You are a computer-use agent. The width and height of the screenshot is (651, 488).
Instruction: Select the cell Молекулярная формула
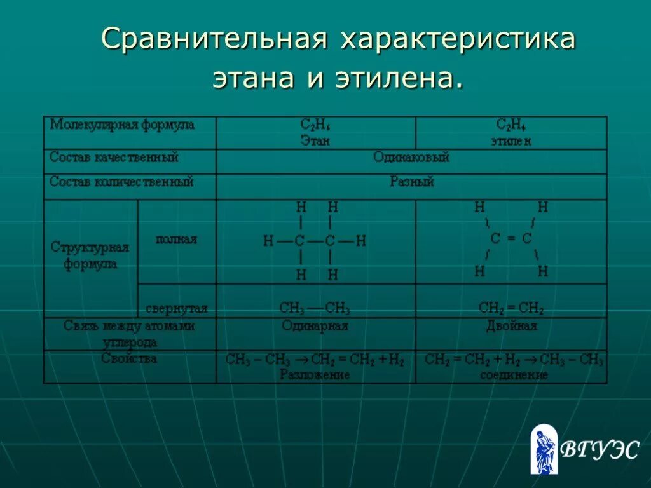point(123,125)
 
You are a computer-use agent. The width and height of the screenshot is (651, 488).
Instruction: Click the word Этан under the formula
point(315,141)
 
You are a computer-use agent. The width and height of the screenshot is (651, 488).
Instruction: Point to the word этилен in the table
point(511,141)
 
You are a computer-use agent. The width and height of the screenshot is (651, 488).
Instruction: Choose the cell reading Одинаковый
point(411,158)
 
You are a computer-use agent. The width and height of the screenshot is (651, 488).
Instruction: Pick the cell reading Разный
point(411,182)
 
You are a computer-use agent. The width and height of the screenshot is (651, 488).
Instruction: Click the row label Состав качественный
point(114,157)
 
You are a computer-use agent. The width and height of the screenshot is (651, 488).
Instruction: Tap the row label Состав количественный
point(121,182)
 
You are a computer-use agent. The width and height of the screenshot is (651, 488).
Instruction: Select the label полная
point(176,240)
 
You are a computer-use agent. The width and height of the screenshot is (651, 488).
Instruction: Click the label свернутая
point(177,309)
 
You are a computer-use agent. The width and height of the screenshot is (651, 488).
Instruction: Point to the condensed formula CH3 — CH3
point(315,309)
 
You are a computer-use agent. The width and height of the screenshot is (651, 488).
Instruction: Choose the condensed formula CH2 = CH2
point(511,309)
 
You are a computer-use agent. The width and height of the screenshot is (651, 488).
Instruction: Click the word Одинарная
point(315,327)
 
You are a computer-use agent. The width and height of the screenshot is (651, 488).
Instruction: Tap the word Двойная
point(511,327)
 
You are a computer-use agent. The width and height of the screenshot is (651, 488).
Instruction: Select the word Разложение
point(315,375)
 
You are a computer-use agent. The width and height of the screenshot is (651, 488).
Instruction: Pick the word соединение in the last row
point(514,375)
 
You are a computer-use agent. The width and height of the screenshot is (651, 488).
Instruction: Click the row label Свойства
point(129,359)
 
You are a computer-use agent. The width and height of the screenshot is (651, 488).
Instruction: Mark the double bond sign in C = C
point(511,239)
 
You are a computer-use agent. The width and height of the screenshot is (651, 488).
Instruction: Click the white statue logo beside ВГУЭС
point(544,450)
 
